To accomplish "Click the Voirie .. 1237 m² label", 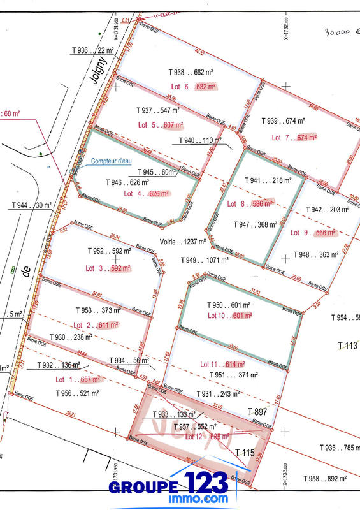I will click(x=182, y=242).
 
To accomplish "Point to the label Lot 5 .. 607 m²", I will click(x=160, y=125).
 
